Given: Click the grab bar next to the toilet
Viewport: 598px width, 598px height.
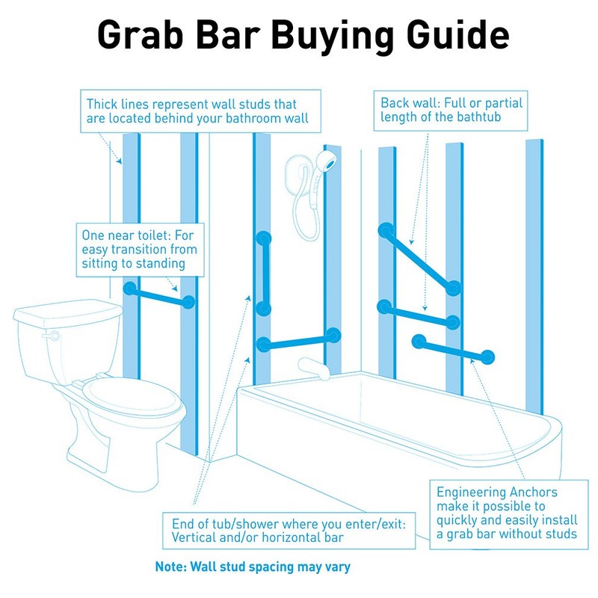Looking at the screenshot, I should [x=158, y=295].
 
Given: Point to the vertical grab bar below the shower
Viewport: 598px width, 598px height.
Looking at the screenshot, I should [x=262, y=273].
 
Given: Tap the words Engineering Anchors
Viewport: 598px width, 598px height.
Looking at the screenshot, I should [x=497, y=493].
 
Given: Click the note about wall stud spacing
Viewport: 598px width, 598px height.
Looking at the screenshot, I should [x=252, y=567].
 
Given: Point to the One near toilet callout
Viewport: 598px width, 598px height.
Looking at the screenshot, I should [x=139, y=250].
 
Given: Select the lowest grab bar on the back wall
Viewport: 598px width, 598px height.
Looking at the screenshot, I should [x=452, y=348].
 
